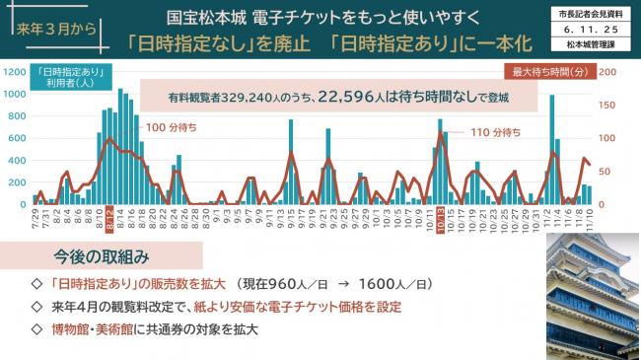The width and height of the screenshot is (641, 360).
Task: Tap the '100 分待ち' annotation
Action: pyautogui.click(x=171, y=127)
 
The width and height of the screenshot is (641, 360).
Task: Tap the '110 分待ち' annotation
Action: pyautogui.click(x=493, y=132)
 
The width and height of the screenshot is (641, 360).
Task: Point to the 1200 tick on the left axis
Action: pyautogui.click(x=17, y=73)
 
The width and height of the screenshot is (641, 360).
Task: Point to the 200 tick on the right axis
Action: pyautogui.click(x=610, y=73)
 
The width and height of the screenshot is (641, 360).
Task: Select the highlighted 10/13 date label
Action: pyautogui.click(x=441, y=219)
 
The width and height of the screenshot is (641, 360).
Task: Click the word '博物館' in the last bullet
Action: pyautogui.click(x=70, y=329)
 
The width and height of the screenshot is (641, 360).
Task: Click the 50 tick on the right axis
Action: pyautogui.click(x=606, y=172)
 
